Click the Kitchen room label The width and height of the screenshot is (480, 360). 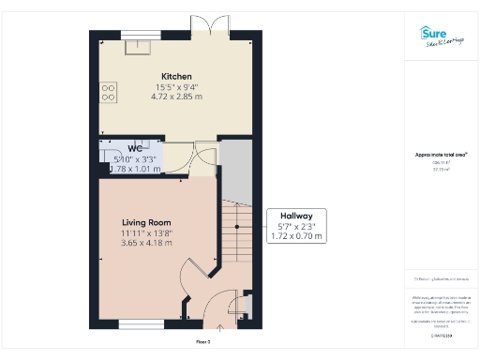click(176, 76)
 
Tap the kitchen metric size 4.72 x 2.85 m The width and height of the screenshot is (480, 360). click(176, 96)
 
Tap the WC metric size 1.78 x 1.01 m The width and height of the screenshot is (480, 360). click(130, 169)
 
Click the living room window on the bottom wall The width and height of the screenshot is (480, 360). click(138, 323)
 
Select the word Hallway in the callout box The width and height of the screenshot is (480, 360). click(296, 216)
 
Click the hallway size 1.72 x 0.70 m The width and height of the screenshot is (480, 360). click(296, 237)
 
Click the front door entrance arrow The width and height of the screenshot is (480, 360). click(221, 327)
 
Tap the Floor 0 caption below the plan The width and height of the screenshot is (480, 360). click(202, 342)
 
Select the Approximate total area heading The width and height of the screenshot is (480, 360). click(441, 155)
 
